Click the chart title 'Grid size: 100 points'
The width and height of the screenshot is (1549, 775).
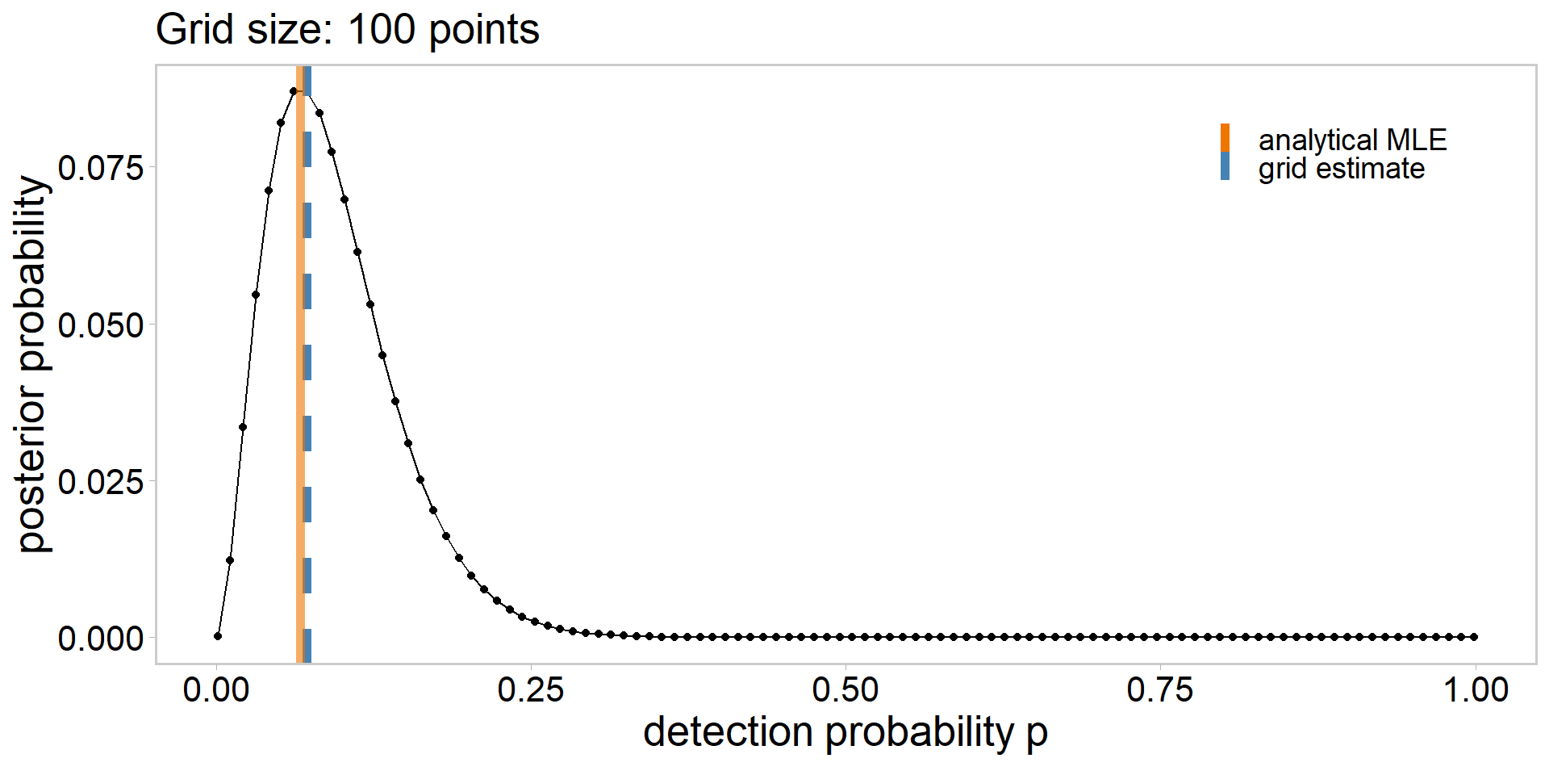(347, 30)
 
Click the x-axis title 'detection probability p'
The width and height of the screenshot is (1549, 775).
(845, 731)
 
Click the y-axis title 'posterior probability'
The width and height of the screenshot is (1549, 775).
(34, 364)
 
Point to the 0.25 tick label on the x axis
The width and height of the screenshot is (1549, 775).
(531, 690)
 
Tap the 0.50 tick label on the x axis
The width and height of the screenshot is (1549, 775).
(845, 690)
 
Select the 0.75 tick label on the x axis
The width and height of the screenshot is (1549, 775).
(1159, 690)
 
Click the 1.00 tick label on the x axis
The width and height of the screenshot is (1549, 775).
(1475, 690)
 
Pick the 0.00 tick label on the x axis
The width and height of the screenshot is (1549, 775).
(216, 690)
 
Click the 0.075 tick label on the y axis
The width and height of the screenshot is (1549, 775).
(101, 168)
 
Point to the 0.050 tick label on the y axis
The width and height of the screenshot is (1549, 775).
(101, 325)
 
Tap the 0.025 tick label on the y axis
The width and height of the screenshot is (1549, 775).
(101, 482)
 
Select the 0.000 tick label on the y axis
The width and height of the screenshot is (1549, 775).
(101, 639)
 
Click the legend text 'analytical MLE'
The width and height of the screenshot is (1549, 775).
(1352, 140)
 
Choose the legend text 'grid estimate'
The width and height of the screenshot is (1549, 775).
(1341, 169)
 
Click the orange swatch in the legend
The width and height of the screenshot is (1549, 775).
(1225, 137)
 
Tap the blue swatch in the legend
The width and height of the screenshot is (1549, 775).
(1225, 166)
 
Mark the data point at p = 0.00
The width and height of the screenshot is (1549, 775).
(218, 636)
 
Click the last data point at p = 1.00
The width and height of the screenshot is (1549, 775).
(1475, 637)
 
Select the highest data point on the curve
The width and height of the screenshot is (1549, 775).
(294, 91)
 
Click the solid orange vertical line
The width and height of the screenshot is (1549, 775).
(300, 363)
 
